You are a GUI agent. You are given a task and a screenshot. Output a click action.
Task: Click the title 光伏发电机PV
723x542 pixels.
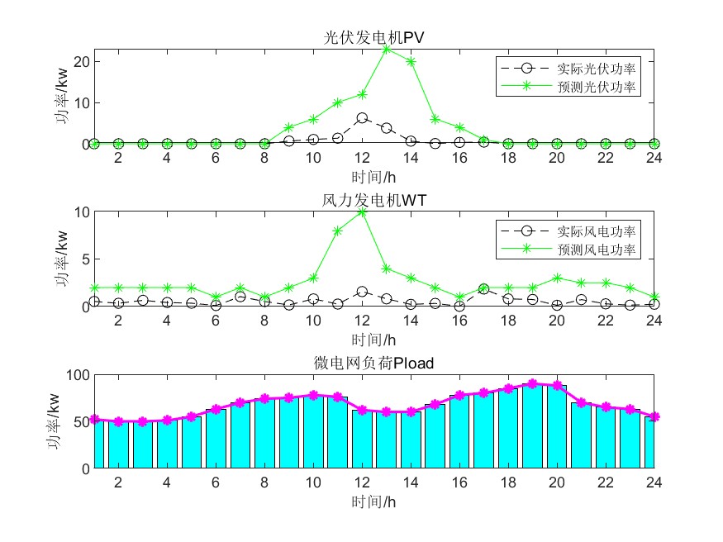coord(374,38)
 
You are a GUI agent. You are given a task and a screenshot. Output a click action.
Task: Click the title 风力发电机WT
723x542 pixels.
coord(374,200)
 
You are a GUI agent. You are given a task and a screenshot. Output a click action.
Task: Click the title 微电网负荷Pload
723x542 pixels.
coord(374,362)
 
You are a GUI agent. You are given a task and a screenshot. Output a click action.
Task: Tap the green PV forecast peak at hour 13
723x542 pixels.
coord(386,49)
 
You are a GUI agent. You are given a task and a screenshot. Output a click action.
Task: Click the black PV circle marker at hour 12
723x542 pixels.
coord(362,118)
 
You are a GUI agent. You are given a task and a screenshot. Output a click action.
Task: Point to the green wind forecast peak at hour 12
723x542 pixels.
coord(362,212)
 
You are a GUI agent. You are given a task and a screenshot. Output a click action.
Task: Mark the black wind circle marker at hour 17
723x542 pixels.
coord(483,289)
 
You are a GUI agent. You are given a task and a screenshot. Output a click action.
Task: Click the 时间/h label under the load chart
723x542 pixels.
coord(374,501)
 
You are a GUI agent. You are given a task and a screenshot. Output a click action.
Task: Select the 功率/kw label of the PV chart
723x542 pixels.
coord(63,97)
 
